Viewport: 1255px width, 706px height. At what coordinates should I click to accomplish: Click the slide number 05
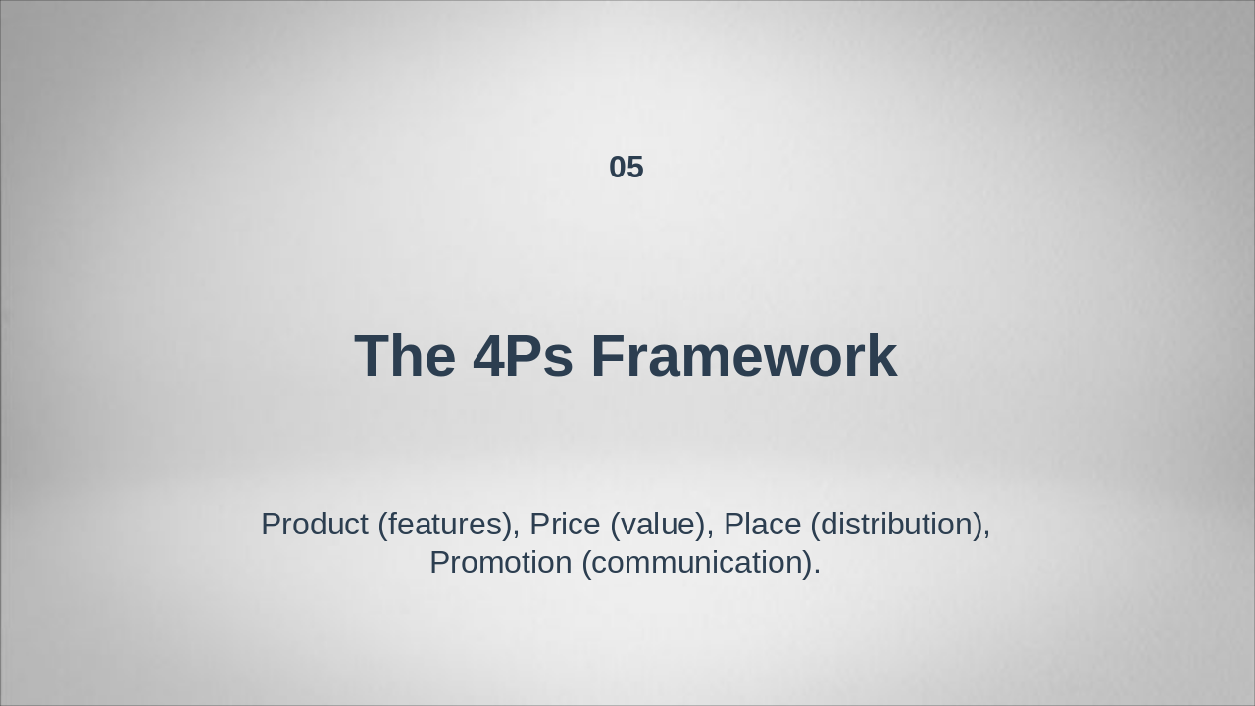click(x=626, y=168)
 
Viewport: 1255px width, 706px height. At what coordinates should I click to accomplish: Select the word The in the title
click(x=404, y=356)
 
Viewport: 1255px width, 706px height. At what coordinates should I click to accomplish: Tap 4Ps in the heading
click(x=523, y=356)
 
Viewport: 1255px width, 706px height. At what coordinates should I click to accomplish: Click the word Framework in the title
click(x=743, y=356)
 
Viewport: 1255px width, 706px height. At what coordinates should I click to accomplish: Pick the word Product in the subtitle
click(x=314, y=525)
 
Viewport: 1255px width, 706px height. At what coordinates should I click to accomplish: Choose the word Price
click(x=565, y=525)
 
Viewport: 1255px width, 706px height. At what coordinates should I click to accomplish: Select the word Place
click(x=762, y=525)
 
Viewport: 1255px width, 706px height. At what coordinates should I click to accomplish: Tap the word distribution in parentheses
click(x=899, y=525)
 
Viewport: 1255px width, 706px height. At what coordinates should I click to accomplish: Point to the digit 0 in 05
click(x=618, y=168)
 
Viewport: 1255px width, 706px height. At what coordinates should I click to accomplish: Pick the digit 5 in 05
click(x=635, y=168)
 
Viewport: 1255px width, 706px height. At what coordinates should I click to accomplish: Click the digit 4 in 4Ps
click(x=487, y=356)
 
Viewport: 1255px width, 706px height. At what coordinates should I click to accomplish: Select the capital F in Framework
click(x=608, y=356)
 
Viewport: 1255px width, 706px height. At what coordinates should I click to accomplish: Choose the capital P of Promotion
click(x=440, y=563)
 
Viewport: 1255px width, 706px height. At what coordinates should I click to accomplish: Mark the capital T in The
click(x=373, y=356)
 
